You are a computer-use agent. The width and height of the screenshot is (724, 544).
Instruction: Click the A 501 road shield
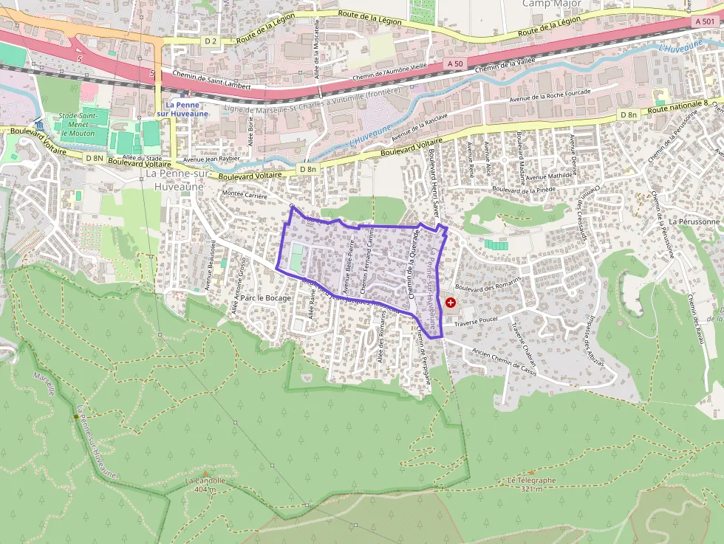(704, 22)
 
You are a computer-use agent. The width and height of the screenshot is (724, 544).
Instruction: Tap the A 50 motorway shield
(454, 64)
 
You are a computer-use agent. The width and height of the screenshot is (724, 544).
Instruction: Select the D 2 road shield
(211, 39)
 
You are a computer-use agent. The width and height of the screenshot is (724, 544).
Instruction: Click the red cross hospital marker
(451, 303)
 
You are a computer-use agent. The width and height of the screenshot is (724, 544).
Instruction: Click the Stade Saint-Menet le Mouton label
(78, 123)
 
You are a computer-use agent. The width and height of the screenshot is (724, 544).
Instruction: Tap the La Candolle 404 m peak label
(205, 484)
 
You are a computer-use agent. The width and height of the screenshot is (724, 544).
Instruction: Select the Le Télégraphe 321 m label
(531, 483)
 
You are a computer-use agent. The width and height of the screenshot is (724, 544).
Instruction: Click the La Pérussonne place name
(694, 221)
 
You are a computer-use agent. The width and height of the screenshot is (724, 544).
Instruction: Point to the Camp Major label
(552, 4)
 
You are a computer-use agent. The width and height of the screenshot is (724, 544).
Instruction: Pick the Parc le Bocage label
(267, 298)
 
